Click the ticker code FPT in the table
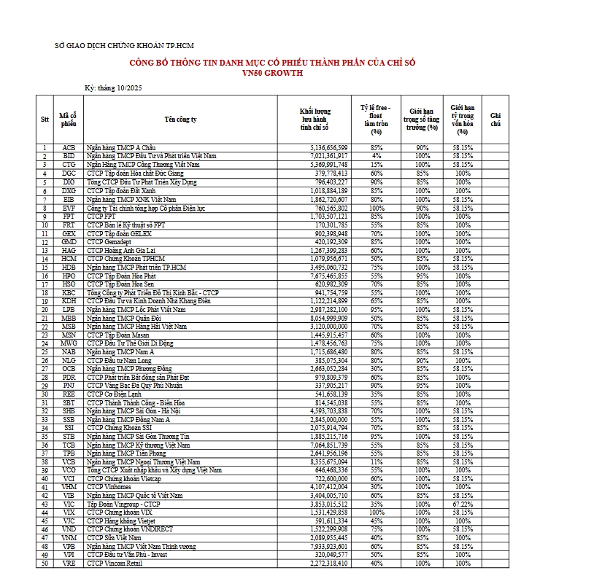(69, 217)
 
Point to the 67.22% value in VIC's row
(463, 502)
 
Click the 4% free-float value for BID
(377, 155)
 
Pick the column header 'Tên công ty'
(180, 119)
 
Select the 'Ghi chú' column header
(495, 119)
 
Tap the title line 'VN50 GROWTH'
(272, 73)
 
